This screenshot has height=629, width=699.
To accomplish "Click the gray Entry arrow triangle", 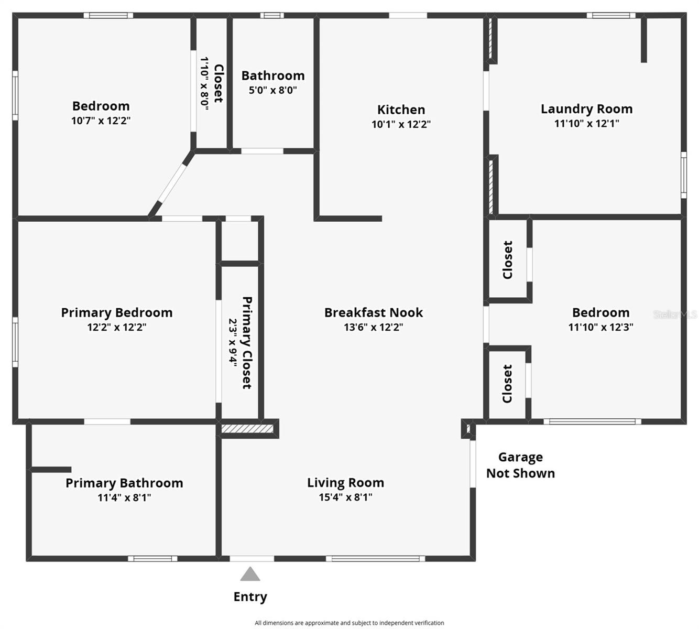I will [250, 575].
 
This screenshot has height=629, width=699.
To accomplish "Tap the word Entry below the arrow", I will [250, 597].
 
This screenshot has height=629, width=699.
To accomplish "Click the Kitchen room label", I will [401, 110].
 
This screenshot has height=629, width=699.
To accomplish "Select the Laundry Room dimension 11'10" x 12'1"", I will [586, 124].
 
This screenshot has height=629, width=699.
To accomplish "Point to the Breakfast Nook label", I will [373, 312].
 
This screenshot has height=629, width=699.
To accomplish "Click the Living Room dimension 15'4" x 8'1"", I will [345, 497].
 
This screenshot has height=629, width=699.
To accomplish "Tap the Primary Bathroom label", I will [124, 483].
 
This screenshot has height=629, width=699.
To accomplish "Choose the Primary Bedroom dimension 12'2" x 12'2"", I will [116, 327].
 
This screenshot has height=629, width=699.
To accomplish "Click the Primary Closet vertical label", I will [247, 343].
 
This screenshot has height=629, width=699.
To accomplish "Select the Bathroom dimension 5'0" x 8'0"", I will [272, 90].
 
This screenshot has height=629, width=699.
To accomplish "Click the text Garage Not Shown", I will [520, 465].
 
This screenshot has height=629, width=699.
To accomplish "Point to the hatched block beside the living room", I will [247, 429].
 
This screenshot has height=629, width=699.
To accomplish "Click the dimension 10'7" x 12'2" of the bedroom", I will [101, 121].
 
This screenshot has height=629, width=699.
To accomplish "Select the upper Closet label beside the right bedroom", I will [507, 260].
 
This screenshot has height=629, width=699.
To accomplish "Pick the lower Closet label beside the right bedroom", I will [507, 384].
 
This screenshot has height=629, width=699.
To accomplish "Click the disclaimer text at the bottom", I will [349, 623].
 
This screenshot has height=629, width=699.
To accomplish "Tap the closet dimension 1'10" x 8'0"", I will [204, 83].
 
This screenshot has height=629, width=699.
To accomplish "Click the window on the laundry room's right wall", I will [683, 175].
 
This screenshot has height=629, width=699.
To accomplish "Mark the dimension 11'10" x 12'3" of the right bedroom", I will [600, 327].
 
